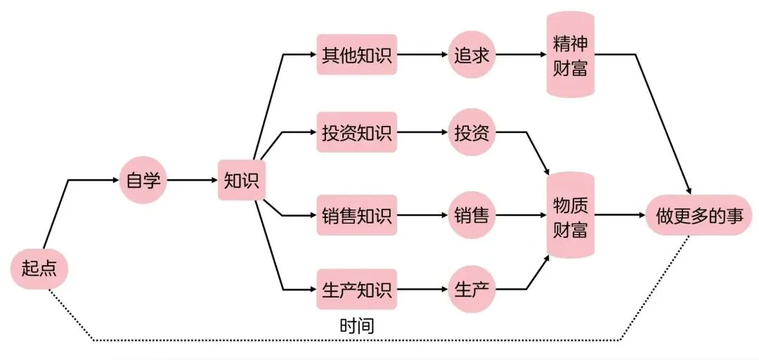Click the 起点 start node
pos(39,268)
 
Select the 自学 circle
pos(143,180)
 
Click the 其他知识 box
pos(357,54)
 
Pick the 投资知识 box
pos(357,131)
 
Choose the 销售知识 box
pos(357,214)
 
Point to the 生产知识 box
pos(357,289)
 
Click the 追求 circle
pos(472,54)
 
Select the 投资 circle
pos(472,131)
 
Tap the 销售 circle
pos(472,214)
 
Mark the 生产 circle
pos(472,289)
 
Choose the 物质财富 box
pos(571,214)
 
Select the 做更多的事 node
pos(699,214)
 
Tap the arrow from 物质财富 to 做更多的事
pos(621,214)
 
